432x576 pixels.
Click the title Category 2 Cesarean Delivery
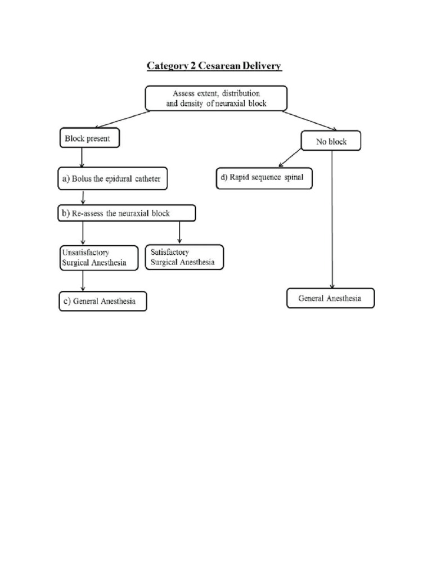point(214,66)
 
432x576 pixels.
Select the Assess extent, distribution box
point(216,98)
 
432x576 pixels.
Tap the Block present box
point(89,138)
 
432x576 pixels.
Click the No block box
point(331,142)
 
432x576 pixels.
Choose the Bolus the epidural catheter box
point(113,178)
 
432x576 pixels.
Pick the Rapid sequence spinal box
point(264,178)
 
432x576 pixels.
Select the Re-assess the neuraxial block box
point(127,213)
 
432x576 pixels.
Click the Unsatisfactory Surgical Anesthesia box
point(99,258)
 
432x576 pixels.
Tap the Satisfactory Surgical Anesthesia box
point(184,257)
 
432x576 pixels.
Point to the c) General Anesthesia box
point(102,301)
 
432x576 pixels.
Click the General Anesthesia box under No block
point(330,298)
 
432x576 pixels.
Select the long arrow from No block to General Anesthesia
point(332,219)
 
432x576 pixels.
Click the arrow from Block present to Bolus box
point(83,157)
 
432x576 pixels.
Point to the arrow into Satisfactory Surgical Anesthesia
point(179,232)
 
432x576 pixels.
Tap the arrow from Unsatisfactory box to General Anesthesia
point(83,281)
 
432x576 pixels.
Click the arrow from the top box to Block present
point(123,119)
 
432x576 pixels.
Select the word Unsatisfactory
point(85,253)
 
